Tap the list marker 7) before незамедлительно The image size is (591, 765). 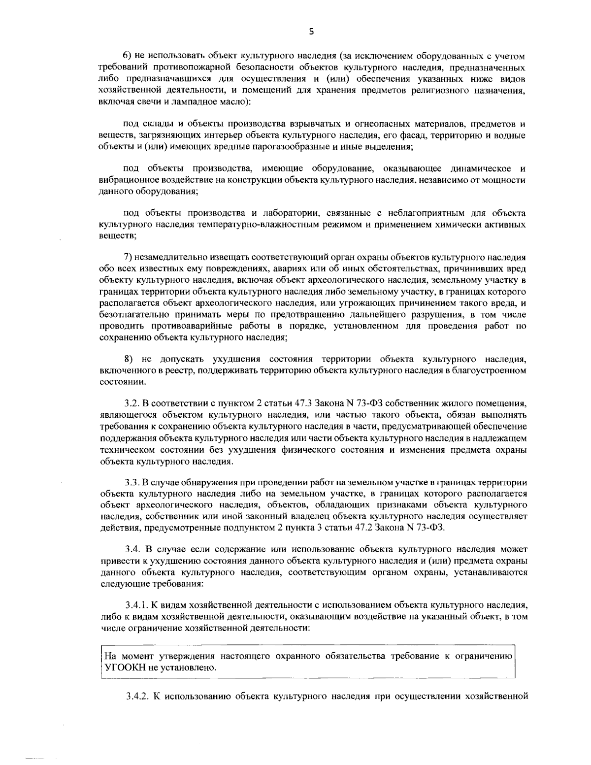127,257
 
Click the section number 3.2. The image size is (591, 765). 132,403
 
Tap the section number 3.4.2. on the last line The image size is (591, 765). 138,696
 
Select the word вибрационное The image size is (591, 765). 124,180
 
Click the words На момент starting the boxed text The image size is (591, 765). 124,657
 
